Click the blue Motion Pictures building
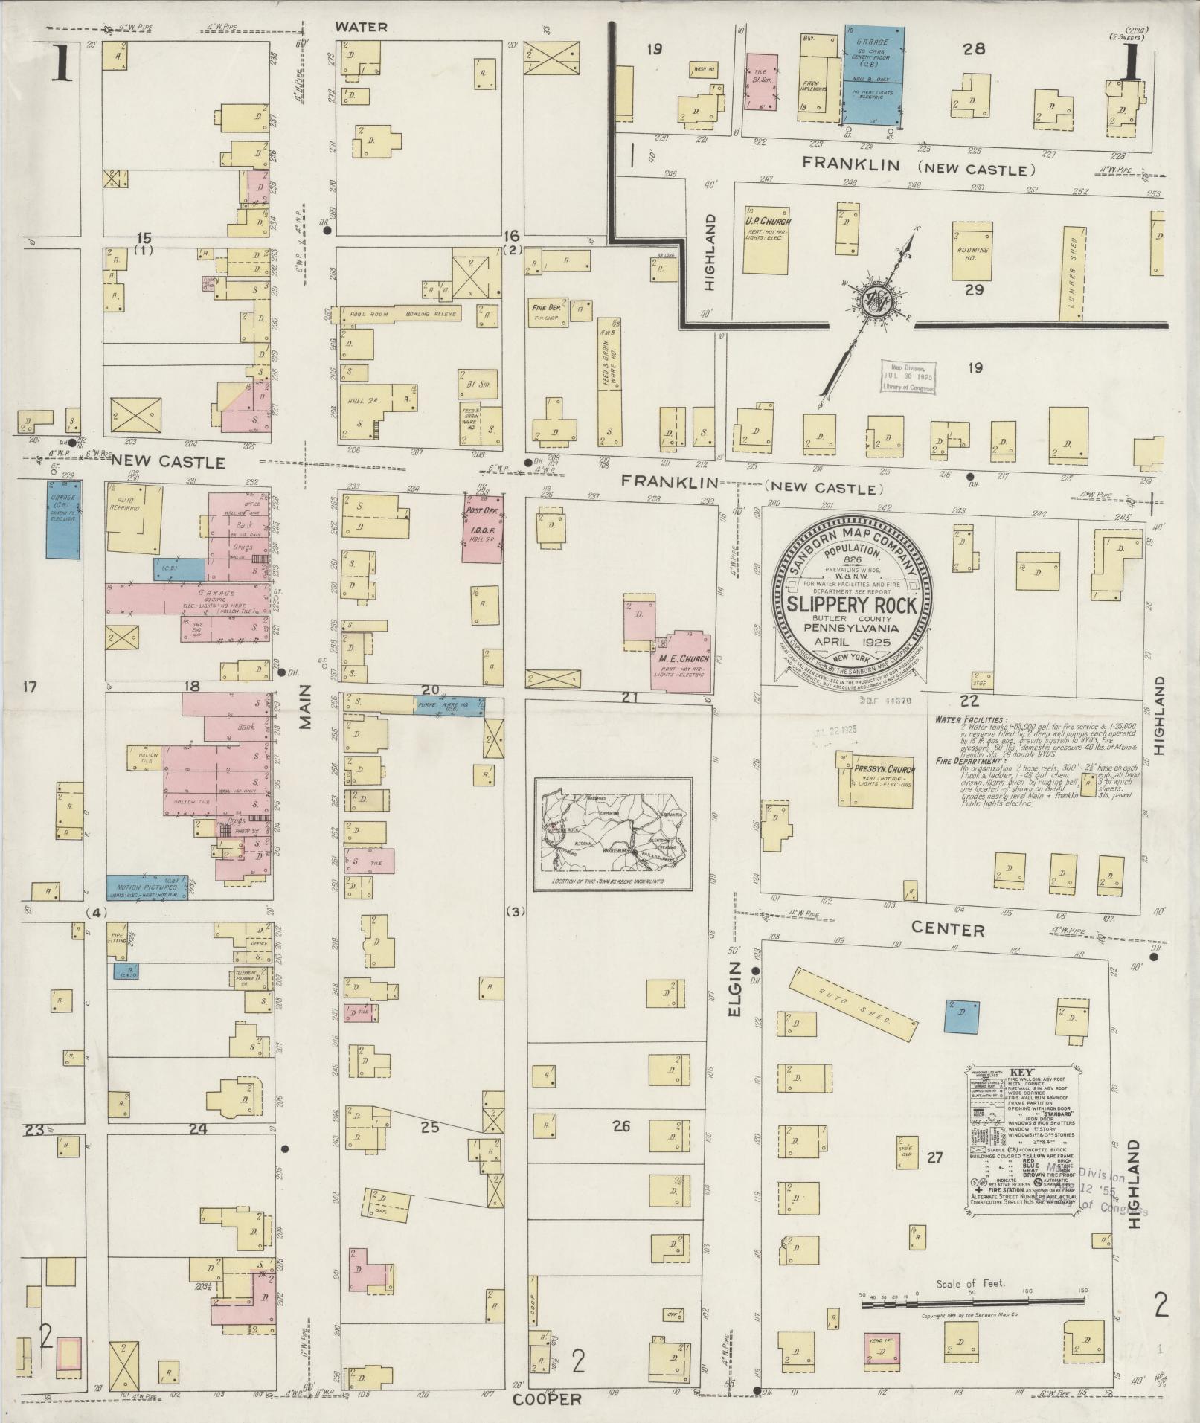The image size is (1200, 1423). pos(147,887)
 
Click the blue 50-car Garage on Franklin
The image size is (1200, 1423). pos(874,75)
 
